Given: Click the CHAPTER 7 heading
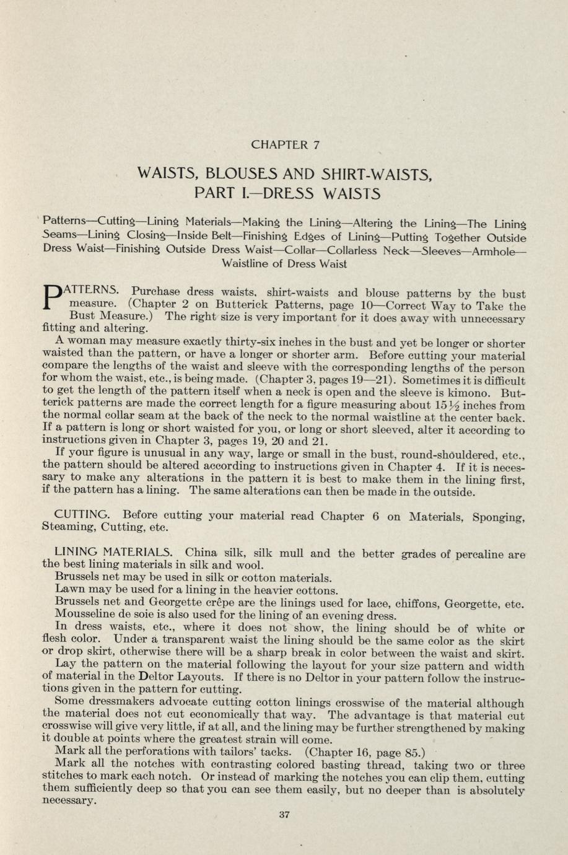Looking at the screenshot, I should pos(285,146).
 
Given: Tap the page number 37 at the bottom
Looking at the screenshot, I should pos(284,815).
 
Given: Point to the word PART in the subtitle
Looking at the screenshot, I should pos(212,193).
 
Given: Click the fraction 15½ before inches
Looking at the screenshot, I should pos(450,405).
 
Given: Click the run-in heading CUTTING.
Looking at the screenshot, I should pos(83,515).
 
